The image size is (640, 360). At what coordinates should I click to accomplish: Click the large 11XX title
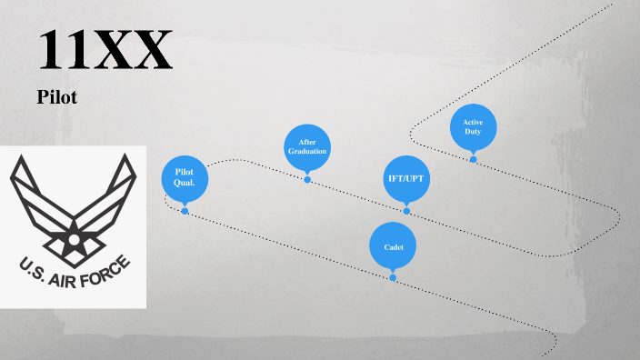point(105,51)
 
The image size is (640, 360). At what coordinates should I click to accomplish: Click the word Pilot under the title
point(56,96)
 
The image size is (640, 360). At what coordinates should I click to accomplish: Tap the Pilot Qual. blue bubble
point(185,178)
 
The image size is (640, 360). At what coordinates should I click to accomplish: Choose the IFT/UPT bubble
point(405,178)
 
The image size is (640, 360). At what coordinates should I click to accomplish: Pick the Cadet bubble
point(393,246)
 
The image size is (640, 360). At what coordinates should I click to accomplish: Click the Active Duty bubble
point(473,127)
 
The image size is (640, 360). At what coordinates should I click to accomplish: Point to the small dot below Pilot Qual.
point(185,211)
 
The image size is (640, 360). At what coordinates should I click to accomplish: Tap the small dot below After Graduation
point(307,179)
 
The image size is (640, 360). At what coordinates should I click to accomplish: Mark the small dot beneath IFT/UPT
point(406,211)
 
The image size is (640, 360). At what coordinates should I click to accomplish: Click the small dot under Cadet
point(393,277)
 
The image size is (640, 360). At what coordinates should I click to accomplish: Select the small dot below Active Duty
point(473,159)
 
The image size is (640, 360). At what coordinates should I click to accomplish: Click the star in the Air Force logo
point(71,240)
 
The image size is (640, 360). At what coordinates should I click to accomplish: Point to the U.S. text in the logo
point(29,266)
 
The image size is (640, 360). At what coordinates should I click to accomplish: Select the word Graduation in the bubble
point(307,151)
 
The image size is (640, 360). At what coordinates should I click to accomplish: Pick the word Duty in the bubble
point(473,133)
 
